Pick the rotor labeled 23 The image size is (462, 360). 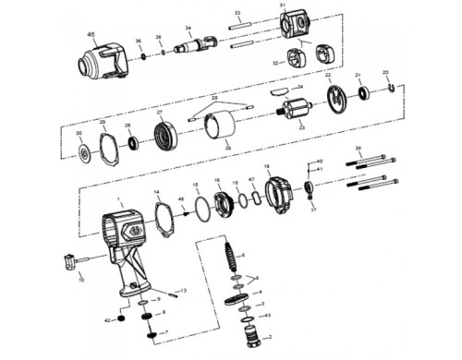tap(298, 113)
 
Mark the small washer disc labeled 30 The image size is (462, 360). tap(82, 154)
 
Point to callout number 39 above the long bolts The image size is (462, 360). tap(359, 148)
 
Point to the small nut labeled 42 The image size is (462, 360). tap(121, 319)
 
